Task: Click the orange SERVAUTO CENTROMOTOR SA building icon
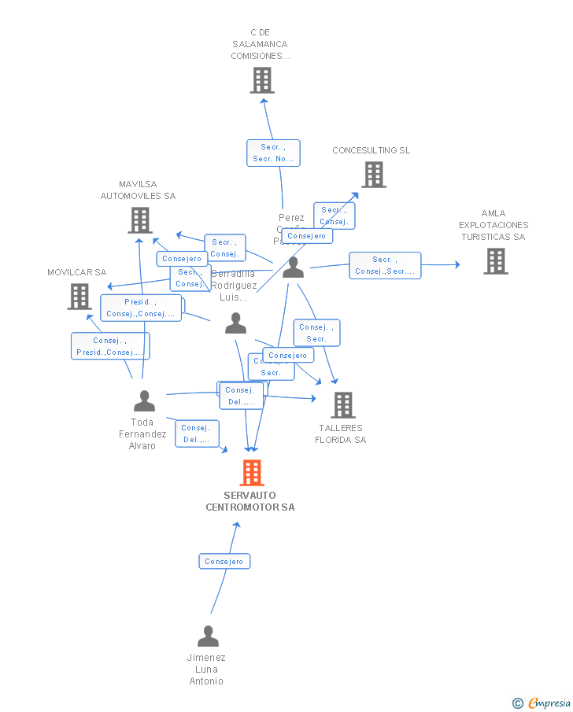[251, 472]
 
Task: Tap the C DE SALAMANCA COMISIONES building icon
[262, 79]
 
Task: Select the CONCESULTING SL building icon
[374, 175]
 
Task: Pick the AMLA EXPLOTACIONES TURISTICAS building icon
[495, 261]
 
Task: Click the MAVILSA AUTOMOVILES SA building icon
[140, 220]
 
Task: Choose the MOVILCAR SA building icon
[79, 297]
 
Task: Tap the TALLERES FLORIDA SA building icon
[342, 404]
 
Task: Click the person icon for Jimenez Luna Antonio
[208, 636]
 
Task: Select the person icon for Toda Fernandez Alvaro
[144, 401]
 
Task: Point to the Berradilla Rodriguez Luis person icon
[235, 323]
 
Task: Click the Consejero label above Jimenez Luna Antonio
[224, 561]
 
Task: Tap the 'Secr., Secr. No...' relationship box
[273, 153]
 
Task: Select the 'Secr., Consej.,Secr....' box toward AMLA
[385, 265]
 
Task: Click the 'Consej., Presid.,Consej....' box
[110, 346]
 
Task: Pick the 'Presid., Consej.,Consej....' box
[141, 308]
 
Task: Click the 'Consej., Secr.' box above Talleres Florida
[316, 333]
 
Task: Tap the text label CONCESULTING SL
[372, 150]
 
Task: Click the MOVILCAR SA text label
[76, 272]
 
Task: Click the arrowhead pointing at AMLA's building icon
[457, 265]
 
